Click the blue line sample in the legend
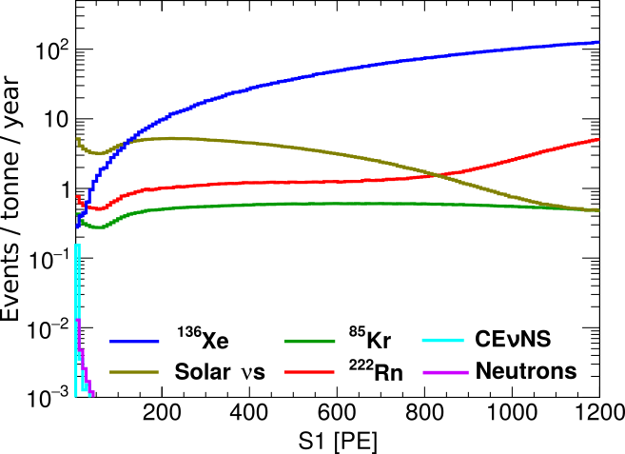coord(134,342)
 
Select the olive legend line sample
coord(134,372)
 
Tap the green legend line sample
coord(309,341)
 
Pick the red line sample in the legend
coord(309,372)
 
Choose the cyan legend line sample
coord(443,340)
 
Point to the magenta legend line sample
coord(445,372)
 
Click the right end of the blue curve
coord(597,42)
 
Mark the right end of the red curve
coord(597,140)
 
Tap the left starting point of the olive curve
coord(78,139)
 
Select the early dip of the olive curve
coord(96,153)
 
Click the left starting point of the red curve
coord(78,197)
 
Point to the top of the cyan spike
coord(77,245)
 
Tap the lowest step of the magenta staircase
coord(91,393)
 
